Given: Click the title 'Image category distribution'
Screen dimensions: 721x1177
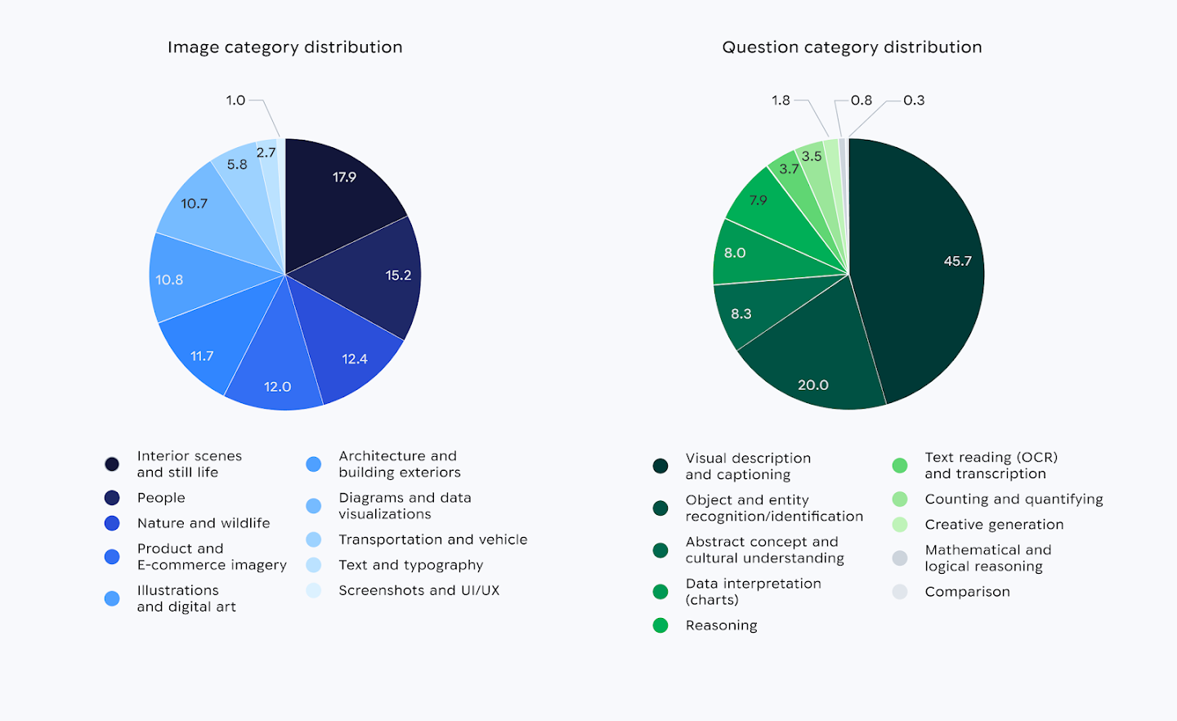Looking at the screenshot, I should tap(284, 47).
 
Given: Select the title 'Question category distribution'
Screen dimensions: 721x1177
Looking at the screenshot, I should tap(852, 47).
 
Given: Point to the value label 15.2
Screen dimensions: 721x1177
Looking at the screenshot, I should tap(398, 275).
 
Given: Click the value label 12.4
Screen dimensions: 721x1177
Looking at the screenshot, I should tap(355, 359).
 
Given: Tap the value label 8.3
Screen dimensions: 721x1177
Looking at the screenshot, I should tap(741, 314).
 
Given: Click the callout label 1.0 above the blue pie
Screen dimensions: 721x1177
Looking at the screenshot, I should tap(235, 101).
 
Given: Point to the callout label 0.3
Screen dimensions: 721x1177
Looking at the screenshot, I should tap(914, 101).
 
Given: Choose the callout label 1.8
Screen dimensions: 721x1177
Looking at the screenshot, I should tap(781, 101).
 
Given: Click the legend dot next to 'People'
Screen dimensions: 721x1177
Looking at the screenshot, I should tap(112, 498).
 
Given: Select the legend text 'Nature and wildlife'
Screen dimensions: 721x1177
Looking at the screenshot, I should tap(204, 523).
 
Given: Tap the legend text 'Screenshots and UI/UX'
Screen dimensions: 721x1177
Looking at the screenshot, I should tap(418, 590).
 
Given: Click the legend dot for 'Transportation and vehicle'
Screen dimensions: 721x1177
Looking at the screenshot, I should tap(314, 540).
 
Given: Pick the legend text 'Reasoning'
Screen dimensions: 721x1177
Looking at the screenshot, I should tap(721, 625).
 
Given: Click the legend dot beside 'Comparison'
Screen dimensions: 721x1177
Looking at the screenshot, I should tap(900, 592).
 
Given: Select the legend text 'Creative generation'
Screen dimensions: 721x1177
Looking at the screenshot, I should tap(994, 525).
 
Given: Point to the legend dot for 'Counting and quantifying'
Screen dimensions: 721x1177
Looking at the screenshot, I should tap(900, 499).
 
